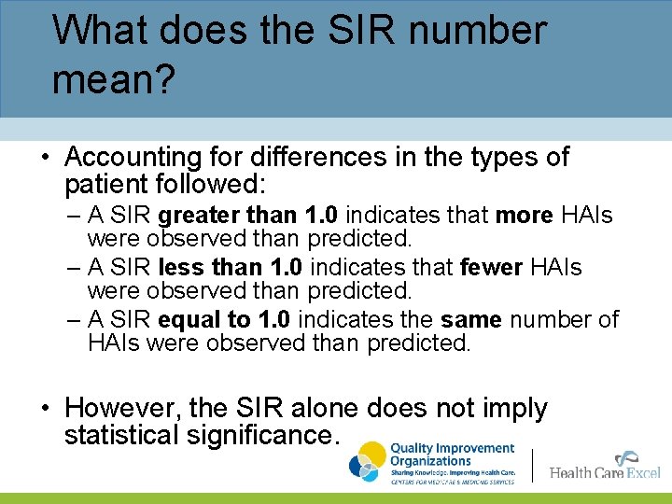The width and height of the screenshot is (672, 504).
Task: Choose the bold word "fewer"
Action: [x=491, y=268]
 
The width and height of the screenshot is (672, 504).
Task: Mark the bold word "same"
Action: [x=471, y=319]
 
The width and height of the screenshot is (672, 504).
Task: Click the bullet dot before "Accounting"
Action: [x=44, y=158]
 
